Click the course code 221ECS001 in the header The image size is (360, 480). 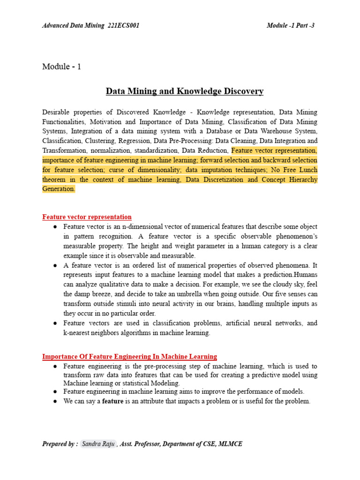123,25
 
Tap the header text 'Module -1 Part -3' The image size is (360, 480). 293,25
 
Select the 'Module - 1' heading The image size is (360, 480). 61,67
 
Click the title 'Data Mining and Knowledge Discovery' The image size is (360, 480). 185,91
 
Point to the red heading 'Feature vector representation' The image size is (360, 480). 87,217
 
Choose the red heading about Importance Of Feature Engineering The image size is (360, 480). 129,357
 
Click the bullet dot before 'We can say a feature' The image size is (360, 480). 55,401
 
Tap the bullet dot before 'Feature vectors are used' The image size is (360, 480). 55,323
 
